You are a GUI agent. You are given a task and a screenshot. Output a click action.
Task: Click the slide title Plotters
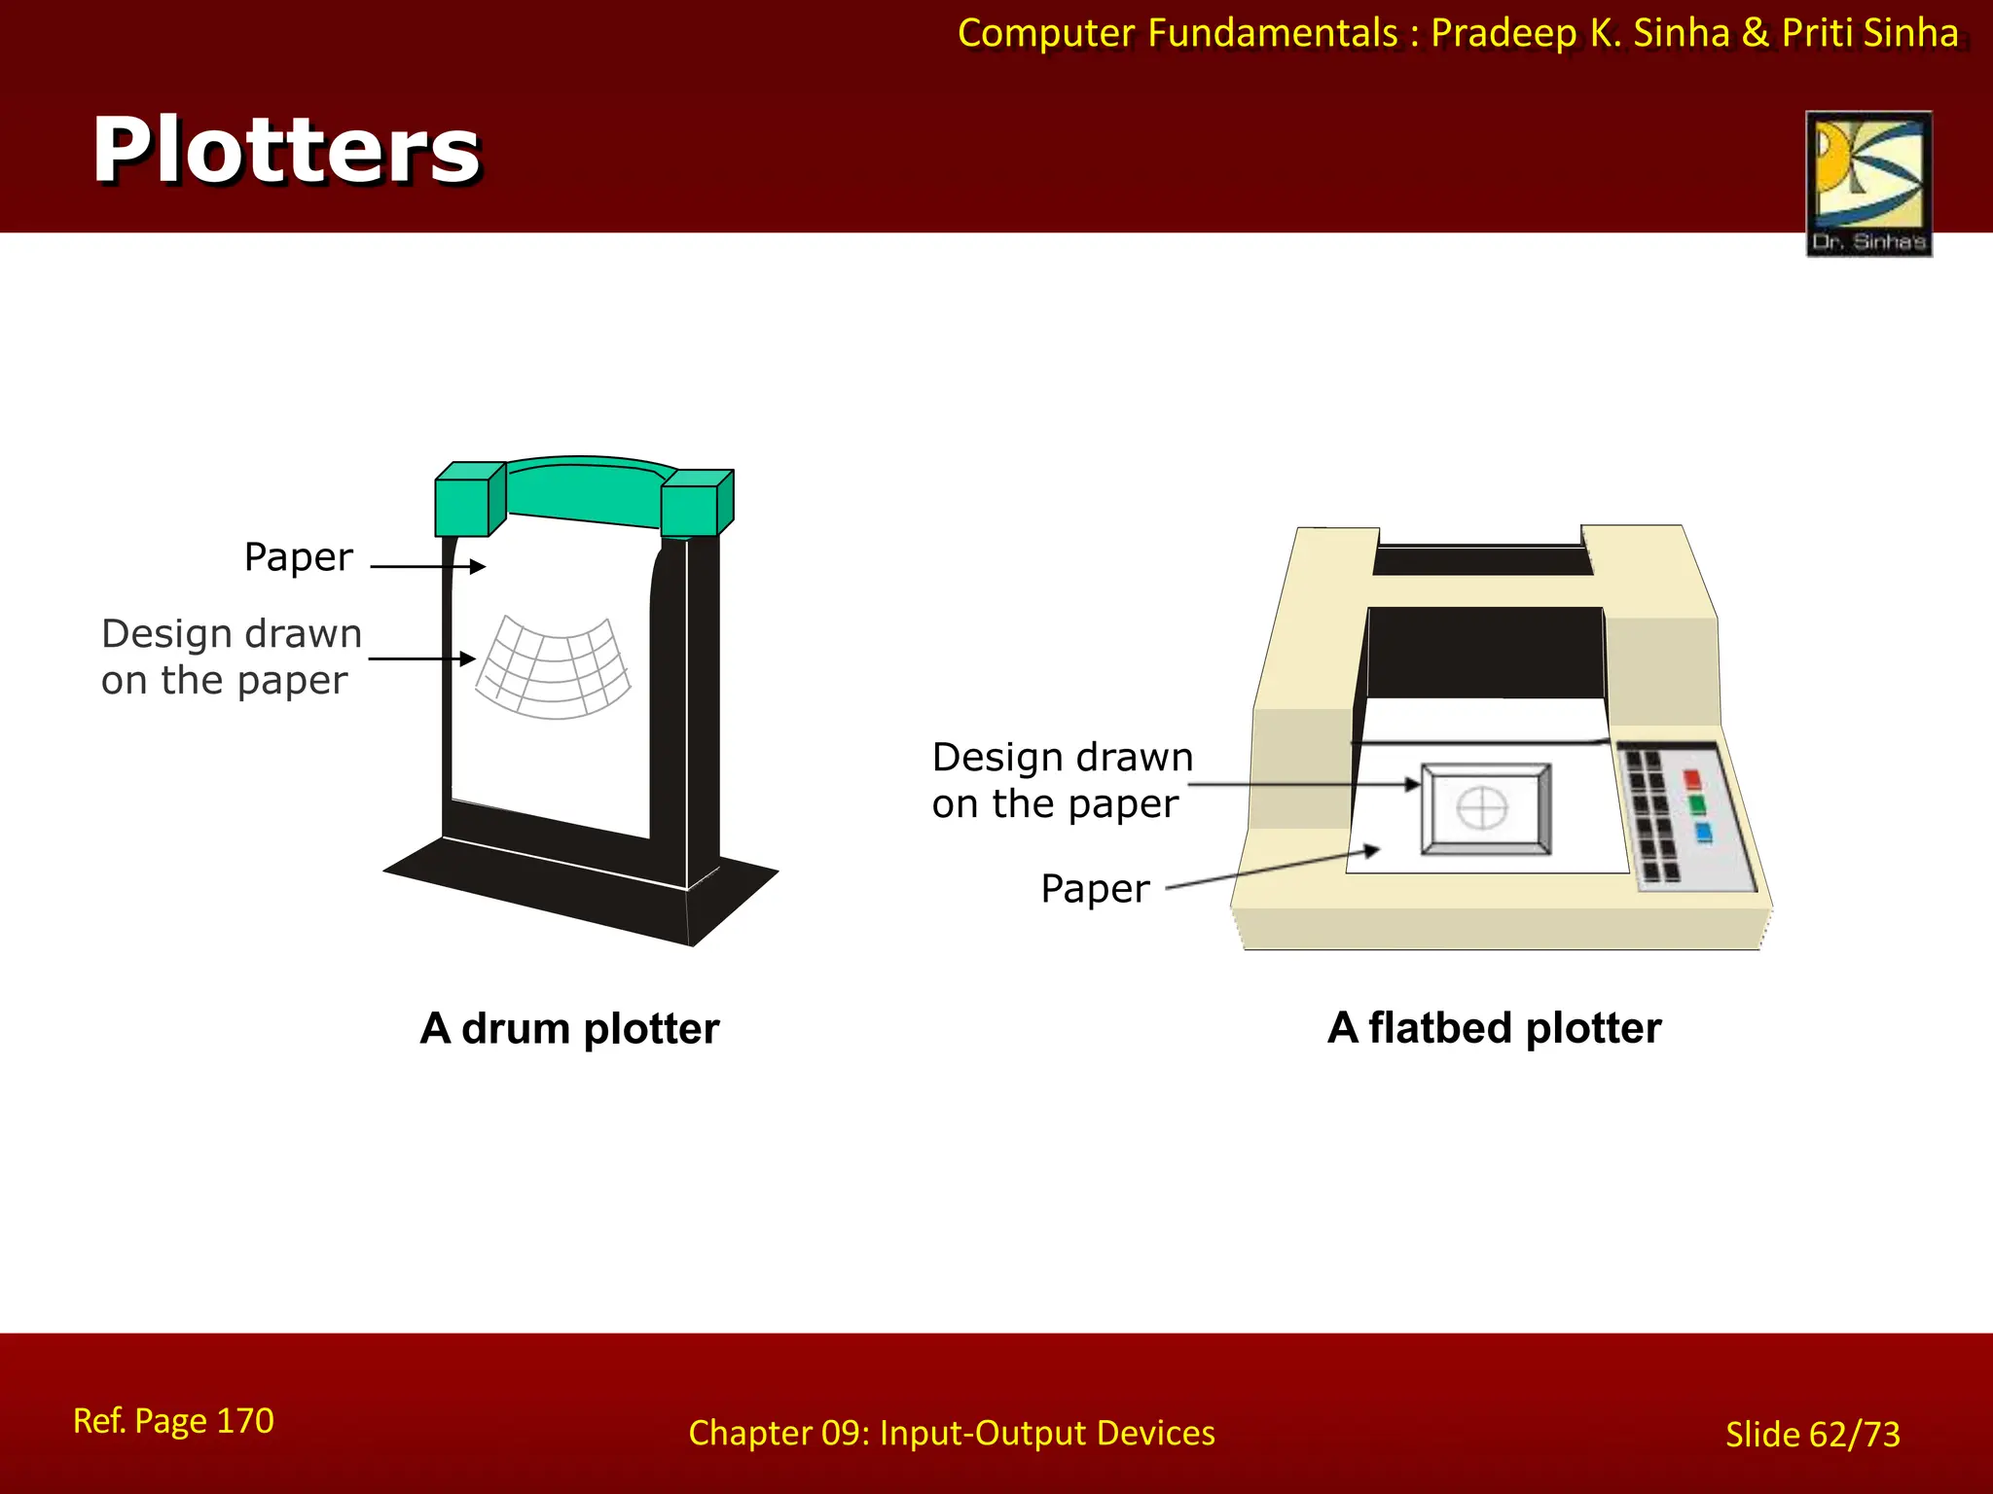click(286, 150)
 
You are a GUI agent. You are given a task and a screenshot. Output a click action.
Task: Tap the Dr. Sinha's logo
click(1868, 183)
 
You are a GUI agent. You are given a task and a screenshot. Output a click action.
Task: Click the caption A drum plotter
click(569, 1028)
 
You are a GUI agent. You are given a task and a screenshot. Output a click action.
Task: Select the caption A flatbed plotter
click(1494, 1027)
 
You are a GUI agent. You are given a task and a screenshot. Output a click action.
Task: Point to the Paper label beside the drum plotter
click(298, 557)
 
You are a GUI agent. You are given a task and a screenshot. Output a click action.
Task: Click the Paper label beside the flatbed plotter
click(1095, 889)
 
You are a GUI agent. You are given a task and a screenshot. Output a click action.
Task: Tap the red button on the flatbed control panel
click(1692, 779)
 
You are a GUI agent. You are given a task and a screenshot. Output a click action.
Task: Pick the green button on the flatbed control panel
click(1697, 804)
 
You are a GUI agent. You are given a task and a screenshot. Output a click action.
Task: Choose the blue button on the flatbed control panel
click(1703, 833)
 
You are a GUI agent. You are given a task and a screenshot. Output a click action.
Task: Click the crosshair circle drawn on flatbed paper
click(1482, 807)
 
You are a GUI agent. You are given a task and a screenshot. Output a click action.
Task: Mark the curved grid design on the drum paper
click(553, 667)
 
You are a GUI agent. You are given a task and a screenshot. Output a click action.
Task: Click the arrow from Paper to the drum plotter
click(427, 566)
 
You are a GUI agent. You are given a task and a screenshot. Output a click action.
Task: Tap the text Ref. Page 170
click(173, 1421)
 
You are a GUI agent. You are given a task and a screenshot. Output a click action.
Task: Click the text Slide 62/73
click(1812, 1435)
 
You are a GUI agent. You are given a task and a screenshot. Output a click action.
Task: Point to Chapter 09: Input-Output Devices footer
click(951, 1433)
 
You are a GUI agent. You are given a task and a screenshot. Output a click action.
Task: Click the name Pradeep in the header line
click(1504, 33)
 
